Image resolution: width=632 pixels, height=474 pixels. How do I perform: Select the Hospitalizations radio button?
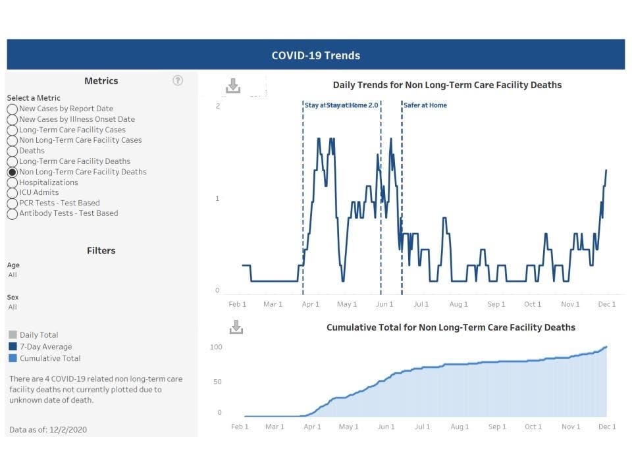[x=13, y=182]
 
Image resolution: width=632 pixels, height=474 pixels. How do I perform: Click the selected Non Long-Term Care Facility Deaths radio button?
[x=13, y=172]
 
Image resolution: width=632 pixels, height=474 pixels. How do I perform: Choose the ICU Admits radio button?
[x=13, y=193]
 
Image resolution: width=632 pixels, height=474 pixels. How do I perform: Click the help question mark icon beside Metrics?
[x=178, y=80]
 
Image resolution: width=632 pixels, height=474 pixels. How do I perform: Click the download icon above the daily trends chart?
[x=233, y=86]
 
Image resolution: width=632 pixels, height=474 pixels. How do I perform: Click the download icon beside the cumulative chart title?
[x=236, y=327]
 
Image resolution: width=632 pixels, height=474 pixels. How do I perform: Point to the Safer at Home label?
[x=425, y=105]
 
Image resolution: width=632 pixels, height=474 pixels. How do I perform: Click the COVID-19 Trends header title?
[x=315, y=55]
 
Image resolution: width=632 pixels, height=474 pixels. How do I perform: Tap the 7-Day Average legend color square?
[x=13, y=347]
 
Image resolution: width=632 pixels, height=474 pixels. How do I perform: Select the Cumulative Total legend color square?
[x=13, y=359]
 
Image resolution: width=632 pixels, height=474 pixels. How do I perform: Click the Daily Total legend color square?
[x=13, y=335]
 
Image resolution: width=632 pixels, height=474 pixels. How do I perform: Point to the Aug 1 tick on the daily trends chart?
[x=458, y=304]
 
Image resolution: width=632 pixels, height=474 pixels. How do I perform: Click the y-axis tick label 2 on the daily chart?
[x=217, y=107]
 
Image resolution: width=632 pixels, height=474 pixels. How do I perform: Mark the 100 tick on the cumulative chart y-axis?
[x=216, y=347]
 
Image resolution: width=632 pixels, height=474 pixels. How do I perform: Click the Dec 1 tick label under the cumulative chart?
[x=606, y=427]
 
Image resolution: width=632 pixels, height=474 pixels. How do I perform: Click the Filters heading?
[x=101, y=251]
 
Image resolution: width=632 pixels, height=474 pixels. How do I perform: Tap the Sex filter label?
[x=13, y=298]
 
